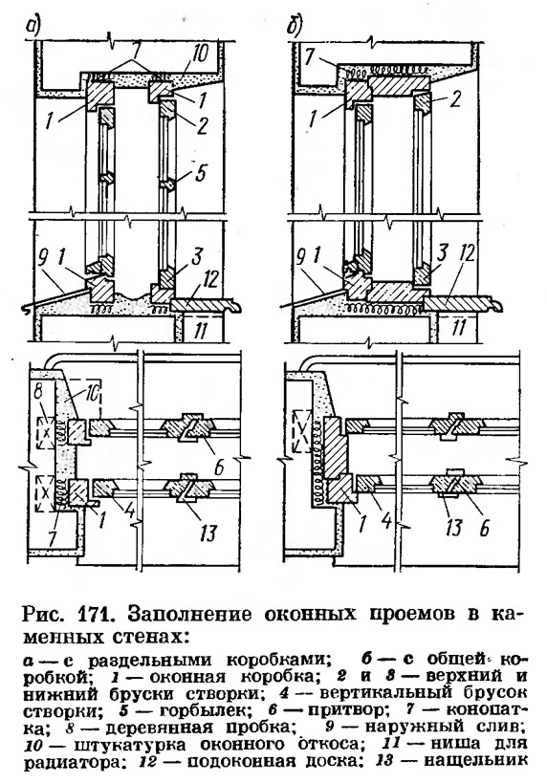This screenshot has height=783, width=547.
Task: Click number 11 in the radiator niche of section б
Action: click(459, 328)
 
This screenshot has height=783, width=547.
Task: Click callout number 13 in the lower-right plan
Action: click(453, 527)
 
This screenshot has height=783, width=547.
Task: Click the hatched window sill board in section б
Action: click(463, 303)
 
